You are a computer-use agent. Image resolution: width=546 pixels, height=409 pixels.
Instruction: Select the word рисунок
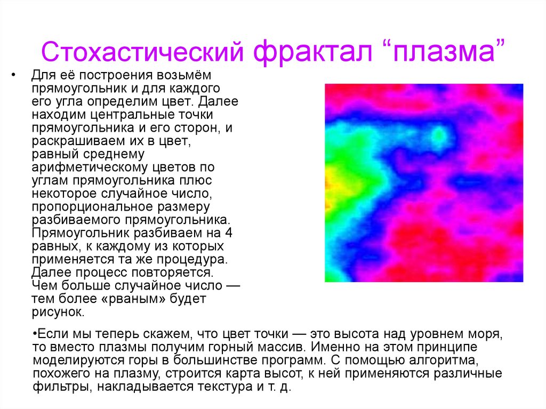(x=57, y=311)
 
